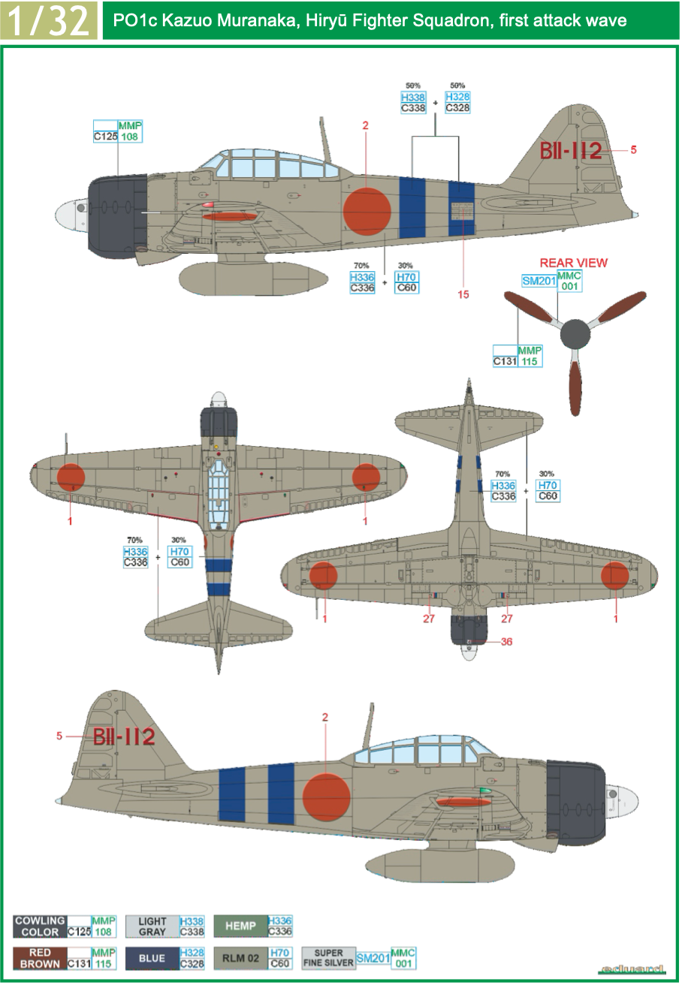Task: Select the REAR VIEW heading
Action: pos(573,263)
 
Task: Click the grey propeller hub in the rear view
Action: pos(575,333)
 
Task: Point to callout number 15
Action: pos(463,294)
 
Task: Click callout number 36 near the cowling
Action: pos(507,642)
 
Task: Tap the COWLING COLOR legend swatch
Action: pos(40,926)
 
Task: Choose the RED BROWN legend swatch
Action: pos(40,959)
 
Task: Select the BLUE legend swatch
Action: pos(152,959)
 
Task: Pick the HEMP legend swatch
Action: pos(240,926)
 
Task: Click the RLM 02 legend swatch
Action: pos(240,959)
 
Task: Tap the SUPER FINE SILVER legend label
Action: pos(328,959)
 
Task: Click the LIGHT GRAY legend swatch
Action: pos(152,926)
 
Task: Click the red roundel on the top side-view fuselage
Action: pos(367,210)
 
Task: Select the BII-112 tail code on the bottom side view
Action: pos(124,736)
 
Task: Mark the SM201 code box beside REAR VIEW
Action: pos(539,281)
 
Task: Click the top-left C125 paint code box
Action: pos(105,137)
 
